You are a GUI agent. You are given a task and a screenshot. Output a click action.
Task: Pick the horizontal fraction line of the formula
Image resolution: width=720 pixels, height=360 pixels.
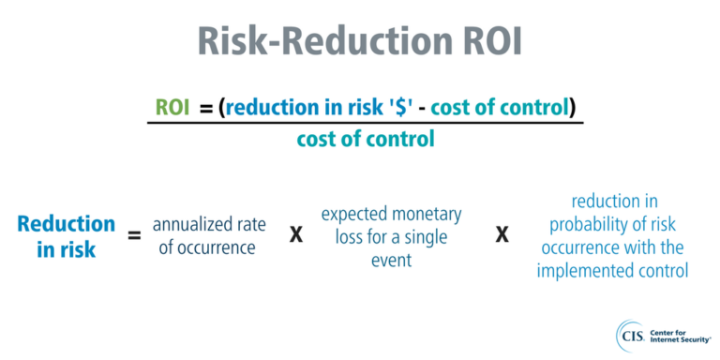click(x=365, y=124)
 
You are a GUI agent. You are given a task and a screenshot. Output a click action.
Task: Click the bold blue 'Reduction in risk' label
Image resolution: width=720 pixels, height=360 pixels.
click(x=66, y=235)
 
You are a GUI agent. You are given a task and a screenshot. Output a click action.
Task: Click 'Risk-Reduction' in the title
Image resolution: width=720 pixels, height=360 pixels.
click(x=320, y=41)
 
